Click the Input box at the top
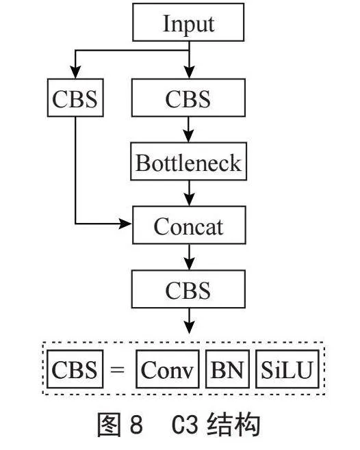coord(188,22)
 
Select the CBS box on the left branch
coord(75,98)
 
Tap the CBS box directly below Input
coord(188,98)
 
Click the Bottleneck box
coord(188,161)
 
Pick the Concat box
coord(189,225)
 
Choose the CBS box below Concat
coord(188,289)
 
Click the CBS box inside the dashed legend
coord(75,369)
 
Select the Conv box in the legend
coord(167,369)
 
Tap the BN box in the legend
coord(227,369)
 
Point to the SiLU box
coord(287,369)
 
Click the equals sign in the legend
coord(118,369)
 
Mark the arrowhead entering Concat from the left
coord(125,224)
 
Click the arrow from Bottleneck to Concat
coord(189,193)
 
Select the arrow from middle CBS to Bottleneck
coord(188,129)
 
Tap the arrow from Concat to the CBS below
coord(189,257)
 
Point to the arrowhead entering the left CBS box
coord(75,72)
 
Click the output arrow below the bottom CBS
coord(189,321)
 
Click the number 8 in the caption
coord(136,425)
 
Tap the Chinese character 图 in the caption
coord(108,425)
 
